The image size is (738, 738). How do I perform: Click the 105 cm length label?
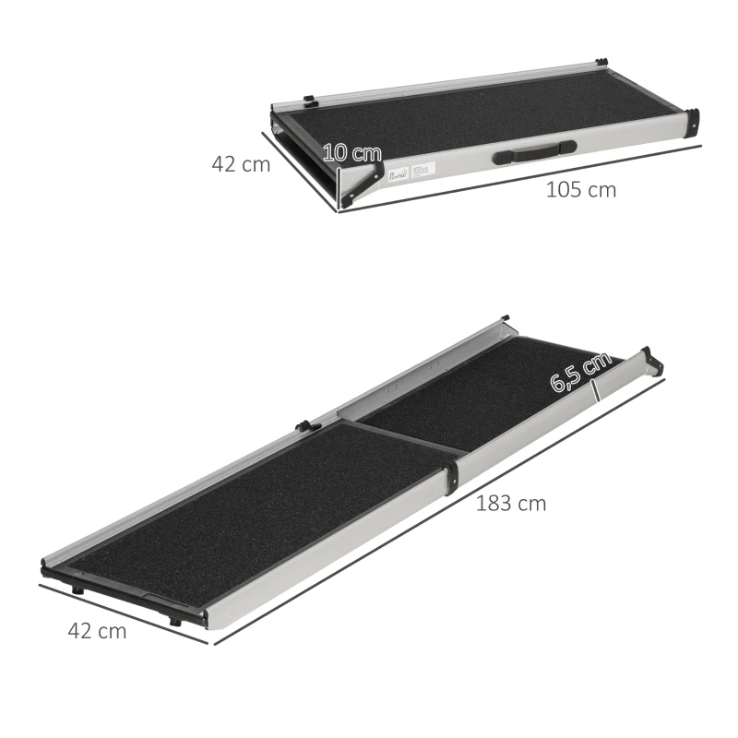[580, 191]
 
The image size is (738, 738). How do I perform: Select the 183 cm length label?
[510, 504]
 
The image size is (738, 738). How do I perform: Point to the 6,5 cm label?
[581, 371]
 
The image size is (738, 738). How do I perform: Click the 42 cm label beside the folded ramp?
[241, 165]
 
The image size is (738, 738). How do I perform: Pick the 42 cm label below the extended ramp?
[97, 632]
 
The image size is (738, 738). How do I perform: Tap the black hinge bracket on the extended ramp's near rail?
[452, 477]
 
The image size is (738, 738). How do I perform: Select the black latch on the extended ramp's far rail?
[303, 426]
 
